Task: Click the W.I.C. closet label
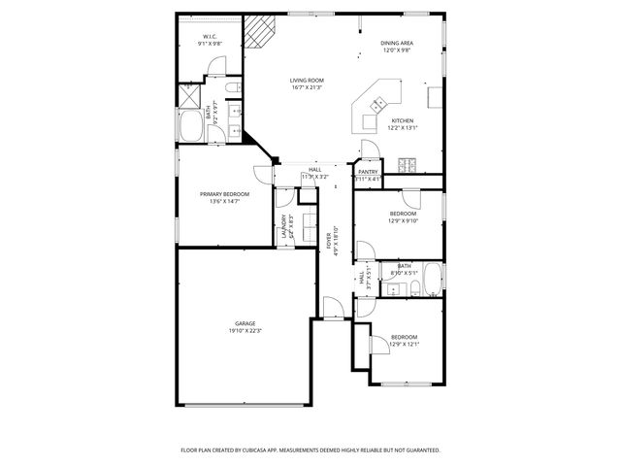tap(209, 37)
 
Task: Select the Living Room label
tap(306, 81)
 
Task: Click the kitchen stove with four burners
tap(408, 162)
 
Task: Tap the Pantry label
tap(368, 172)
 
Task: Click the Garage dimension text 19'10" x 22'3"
tap(245, 331)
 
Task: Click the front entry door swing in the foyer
tap(332, 309)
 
